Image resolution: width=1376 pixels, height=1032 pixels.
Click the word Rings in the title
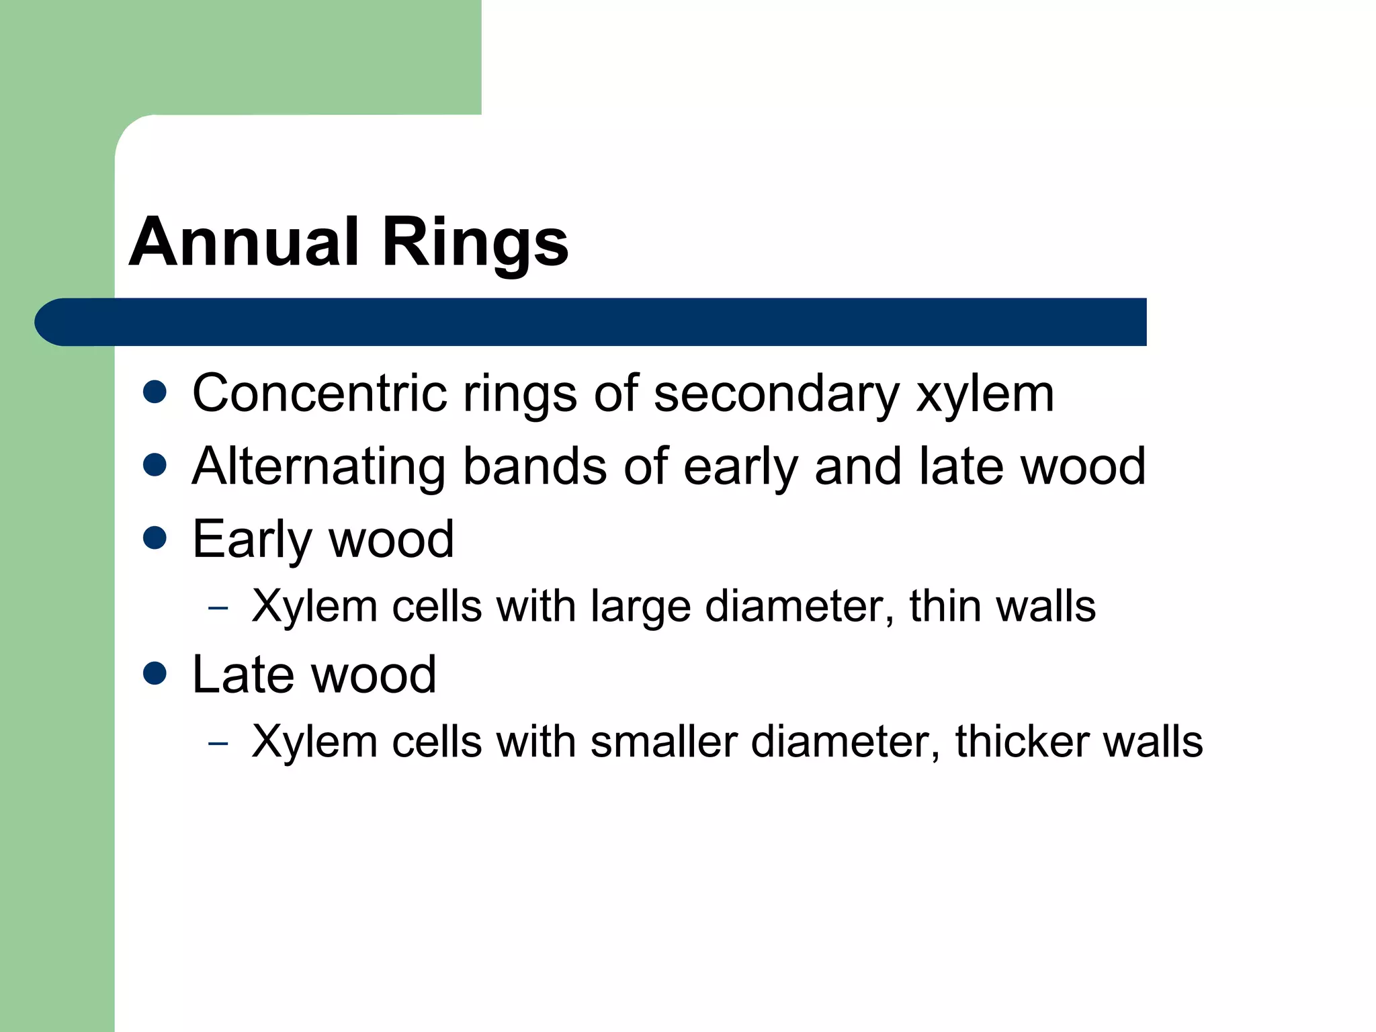(x=475, y=243)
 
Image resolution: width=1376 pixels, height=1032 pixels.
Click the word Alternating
(x=318, y=467)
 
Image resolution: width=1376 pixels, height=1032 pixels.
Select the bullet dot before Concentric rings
(x=155, y=392)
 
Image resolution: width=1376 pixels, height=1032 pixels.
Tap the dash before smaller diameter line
(x=218, y=743)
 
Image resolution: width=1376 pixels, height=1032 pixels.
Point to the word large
(x=640, y=607)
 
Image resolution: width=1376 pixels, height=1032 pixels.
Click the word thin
(x=944, y=606)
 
